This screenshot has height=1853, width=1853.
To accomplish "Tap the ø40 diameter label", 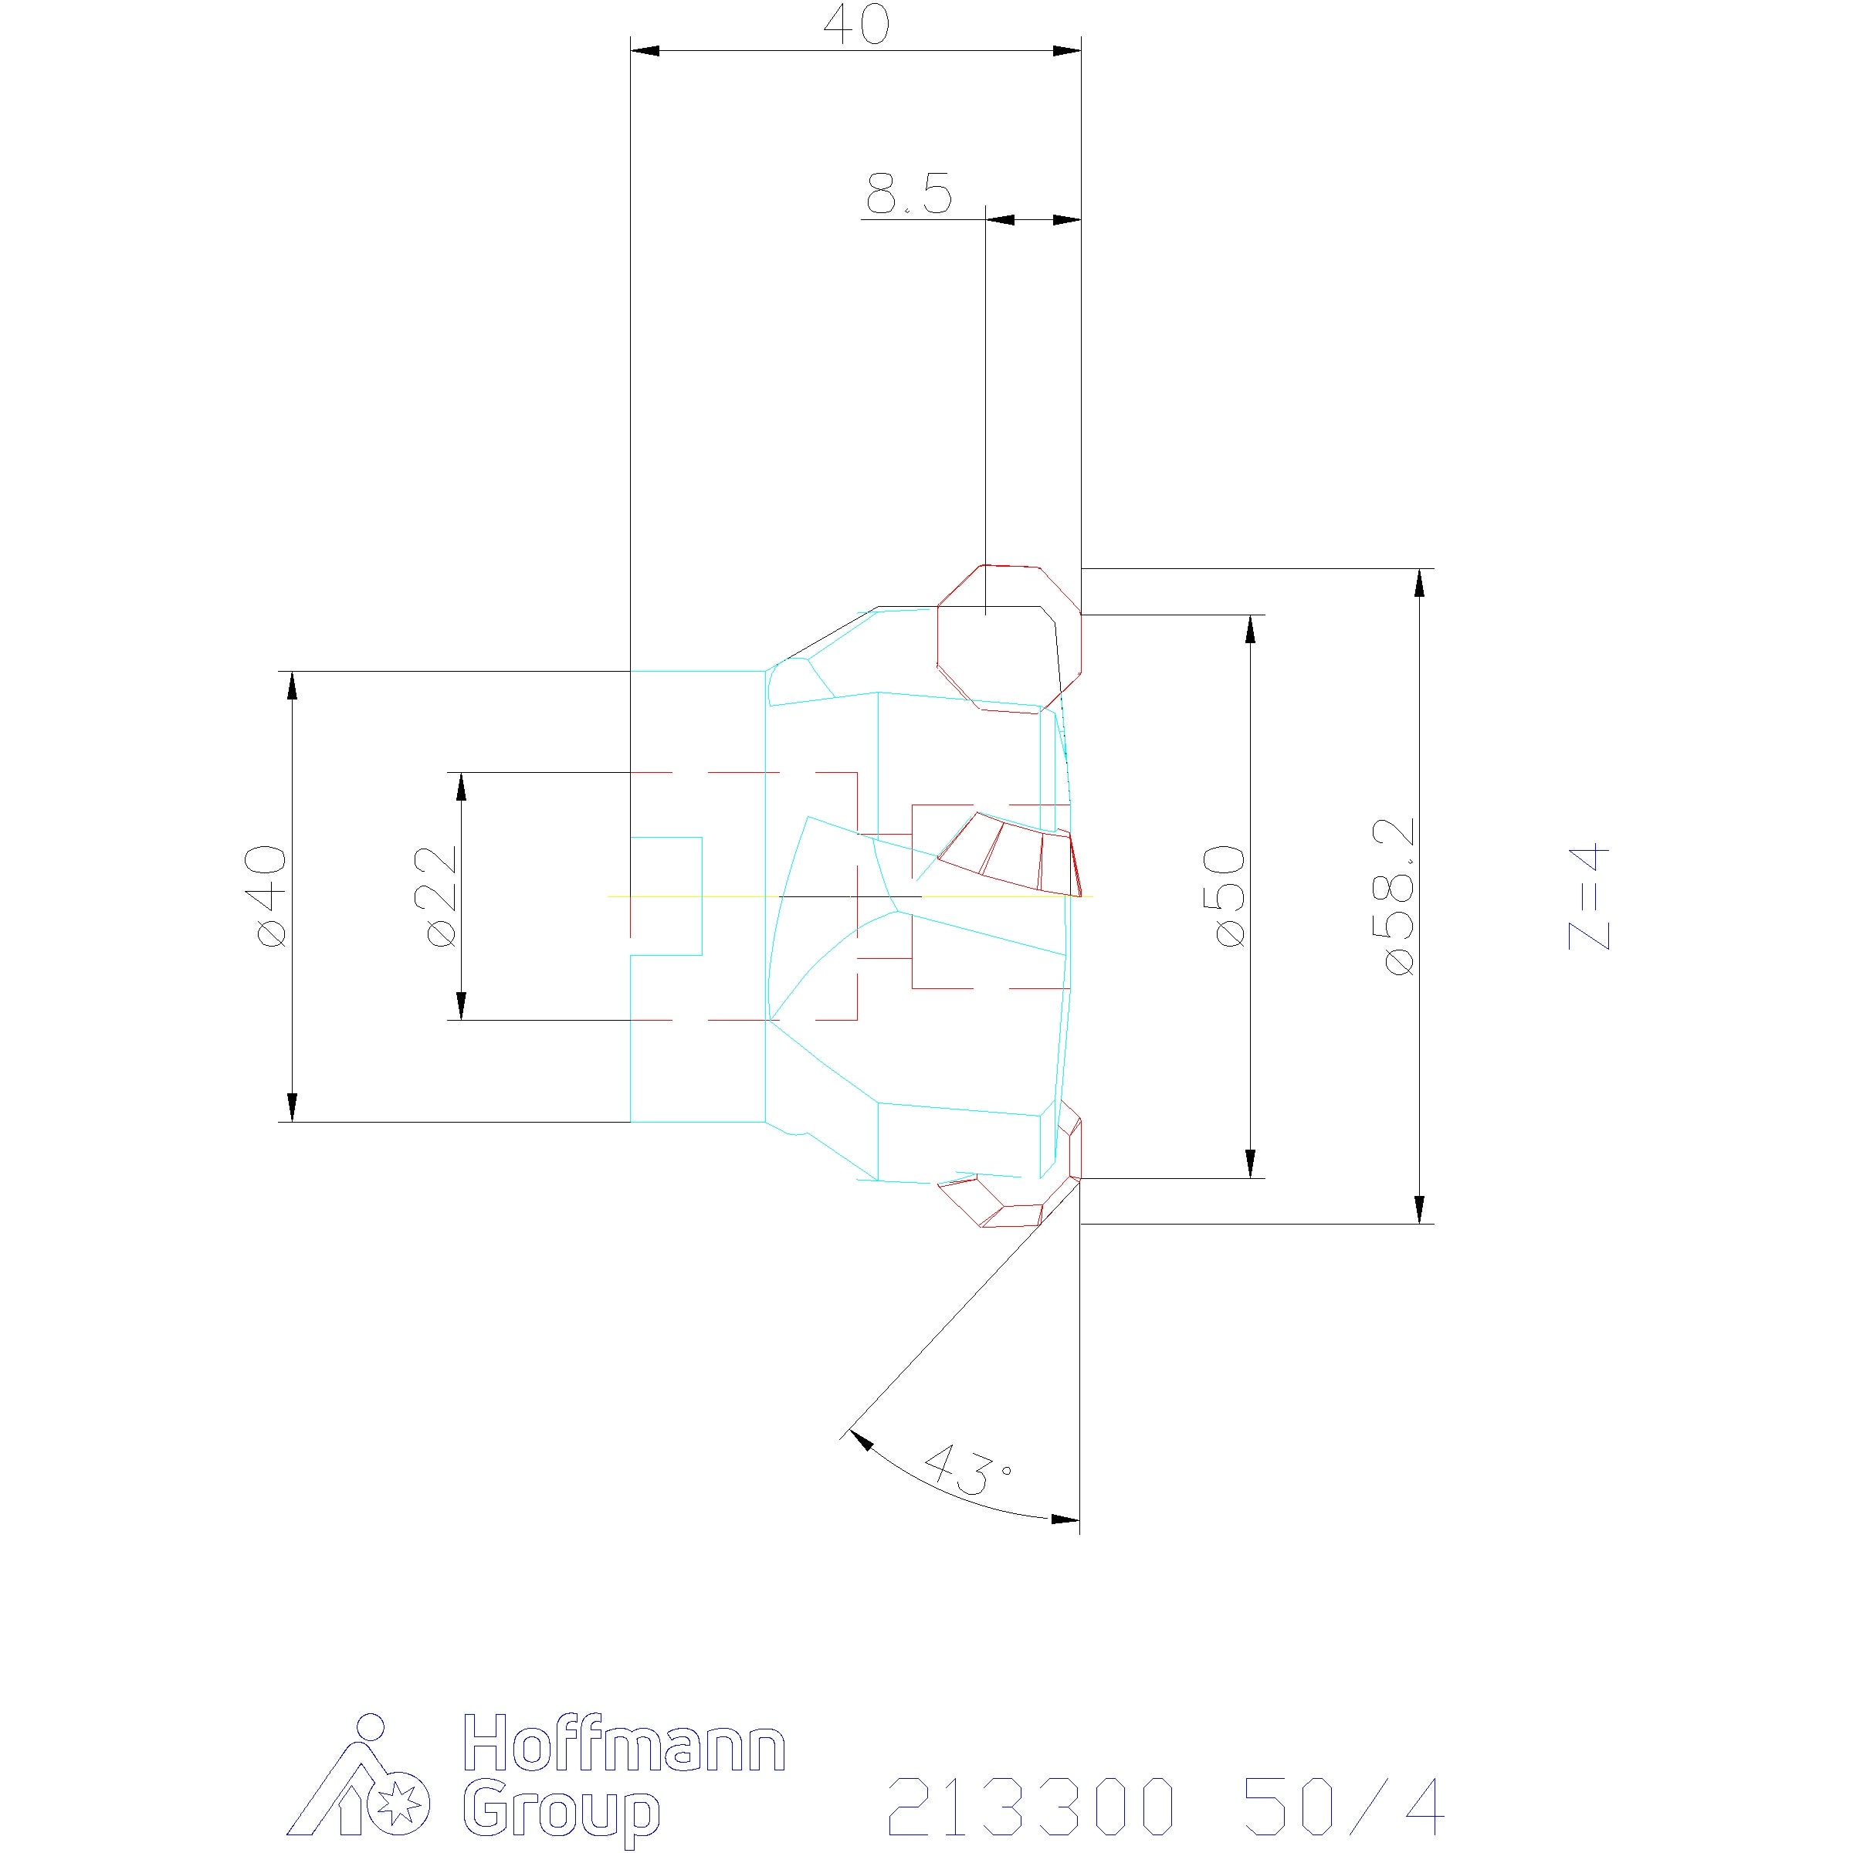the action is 272,896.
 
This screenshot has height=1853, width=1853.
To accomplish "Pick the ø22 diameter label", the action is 441,896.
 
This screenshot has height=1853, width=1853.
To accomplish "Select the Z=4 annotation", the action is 1589,896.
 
